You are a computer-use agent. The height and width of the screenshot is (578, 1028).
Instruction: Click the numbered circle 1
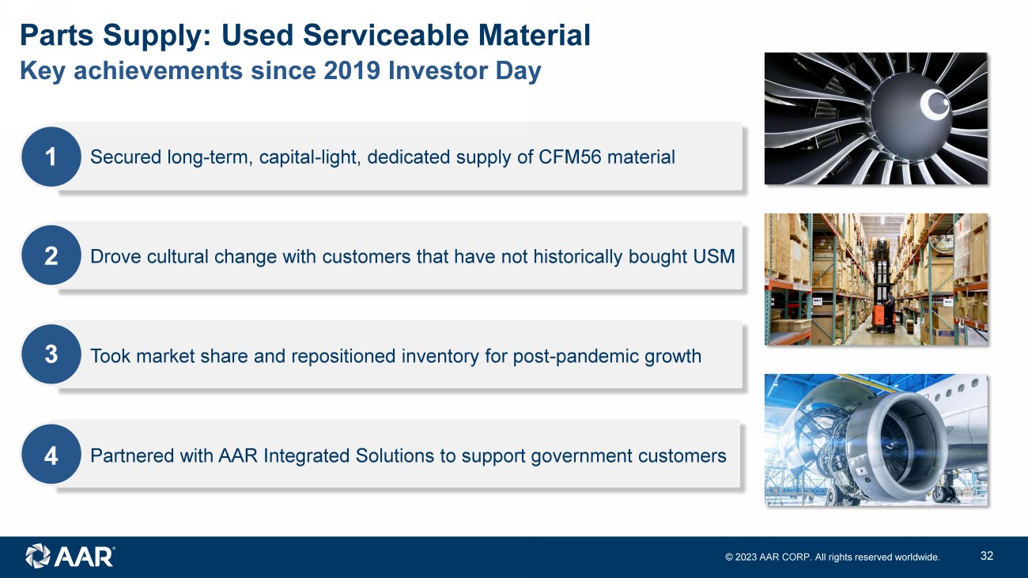pos(51,157)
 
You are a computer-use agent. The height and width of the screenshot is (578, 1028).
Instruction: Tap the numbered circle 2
pos(51,255)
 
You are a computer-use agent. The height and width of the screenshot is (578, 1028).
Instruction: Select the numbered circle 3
pos(51,354)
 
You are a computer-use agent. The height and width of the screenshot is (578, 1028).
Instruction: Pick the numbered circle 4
pos(51,455)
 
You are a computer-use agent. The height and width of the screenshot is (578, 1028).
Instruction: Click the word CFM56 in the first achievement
pos(569,157)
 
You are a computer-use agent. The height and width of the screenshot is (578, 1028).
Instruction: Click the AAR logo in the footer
pos(70,556)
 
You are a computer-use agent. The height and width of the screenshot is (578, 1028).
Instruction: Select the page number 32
pos(987,556)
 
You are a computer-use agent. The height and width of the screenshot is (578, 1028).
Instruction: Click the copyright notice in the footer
pos(833,557)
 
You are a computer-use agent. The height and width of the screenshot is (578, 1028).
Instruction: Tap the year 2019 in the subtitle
pos(352,70)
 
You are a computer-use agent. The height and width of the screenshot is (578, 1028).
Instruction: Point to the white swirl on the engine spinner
pos(935,104)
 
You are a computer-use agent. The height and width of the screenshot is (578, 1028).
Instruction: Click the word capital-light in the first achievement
pos(310,157)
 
